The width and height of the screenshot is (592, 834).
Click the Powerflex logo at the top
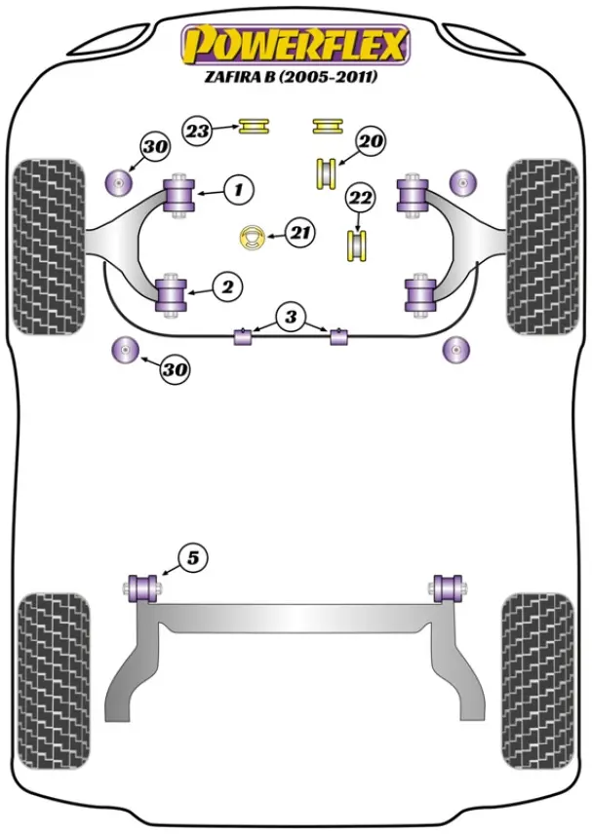pyautogui.click(x=296, y=44)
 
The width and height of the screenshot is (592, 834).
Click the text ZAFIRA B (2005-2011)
pyautogui.click(x=291, y=77)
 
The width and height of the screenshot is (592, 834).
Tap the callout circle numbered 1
pyautogui.click(x=239, y=189)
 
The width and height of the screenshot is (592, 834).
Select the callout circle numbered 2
pyautogui.click(x=227, y=287)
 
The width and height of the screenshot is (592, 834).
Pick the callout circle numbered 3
pyautogui.click(x=290, y=317)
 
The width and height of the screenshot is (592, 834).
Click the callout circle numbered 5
pyautogui.click(x=193, y=558)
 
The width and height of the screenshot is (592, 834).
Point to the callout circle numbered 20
pyautogui.click(x=372, y=141)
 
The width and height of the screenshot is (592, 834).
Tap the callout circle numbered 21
pyautogui.click(x=300, y=233)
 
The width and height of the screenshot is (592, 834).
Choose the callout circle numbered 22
pyautogui.click(x=361, y=198)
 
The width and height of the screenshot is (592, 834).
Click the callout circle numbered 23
pyautogui.click(x=198, y=130)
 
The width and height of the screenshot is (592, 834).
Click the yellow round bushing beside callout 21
pyautogui.click(x=253, y=238)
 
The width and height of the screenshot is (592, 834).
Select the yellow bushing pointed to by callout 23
pyautogui.click(x=254, y=127)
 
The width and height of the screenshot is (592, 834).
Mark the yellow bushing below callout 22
pyautogui.click(x=357, y=246)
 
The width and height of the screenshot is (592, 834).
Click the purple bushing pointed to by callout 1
pyautogui.click(x=179, y=194)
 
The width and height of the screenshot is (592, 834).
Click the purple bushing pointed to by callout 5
pyautogui.click(x=142, y=588)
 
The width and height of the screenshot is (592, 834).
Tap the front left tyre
pyautogui.click(x=48, y=246)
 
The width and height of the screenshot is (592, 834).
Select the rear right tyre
pyautogui.click(x=538, y=681)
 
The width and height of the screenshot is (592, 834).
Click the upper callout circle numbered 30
pyautogui.click(x=155, y=146)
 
